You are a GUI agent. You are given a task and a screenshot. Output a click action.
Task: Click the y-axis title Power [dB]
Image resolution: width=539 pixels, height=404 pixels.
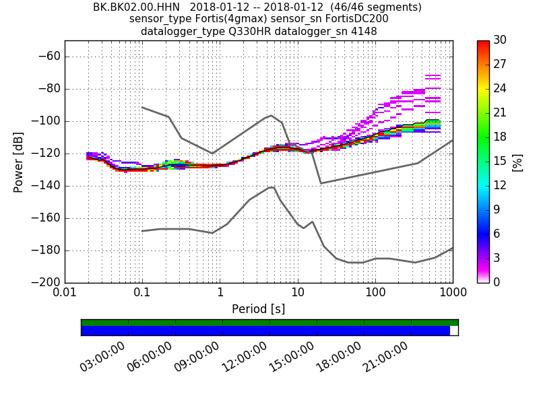pyautogui.click(x=18, y=162)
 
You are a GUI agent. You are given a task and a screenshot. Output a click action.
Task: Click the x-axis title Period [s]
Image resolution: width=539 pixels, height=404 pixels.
pyautogui.click(x=259, y=309)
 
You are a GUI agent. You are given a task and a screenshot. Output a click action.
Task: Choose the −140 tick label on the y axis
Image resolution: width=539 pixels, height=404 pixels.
pyautogui.click(x=46, y=185)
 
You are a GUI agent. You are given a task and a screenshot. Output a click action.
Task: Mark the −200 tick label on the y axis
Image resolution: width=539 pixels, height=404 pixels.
pyautogui.click(x=46, y=282)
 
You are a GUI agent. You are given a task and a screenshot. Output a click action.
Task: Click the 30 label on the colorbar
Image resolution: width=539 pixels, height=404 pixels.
pyautogui.click(x=500, y=40)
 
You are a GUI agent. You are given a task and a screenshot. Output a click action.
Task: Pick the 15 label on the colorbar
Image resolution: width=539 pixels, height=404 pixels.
pyautogui.click(x=500, y=162)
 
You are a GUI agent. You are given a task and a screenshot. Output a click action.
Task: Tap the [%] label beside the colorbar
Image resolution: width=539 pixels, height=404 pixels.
pyautogui.click(x=517, y=162)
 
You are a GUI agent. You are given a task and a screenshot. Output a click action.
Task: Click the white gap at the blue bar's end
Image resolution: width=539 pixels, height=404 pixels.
pyautogui.click(x=454, y=331)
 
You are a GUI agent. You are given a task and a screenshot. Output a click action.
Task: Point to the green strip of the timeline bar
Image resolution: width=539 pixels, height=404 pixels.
pyautogui.click(x=269, y=323)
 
